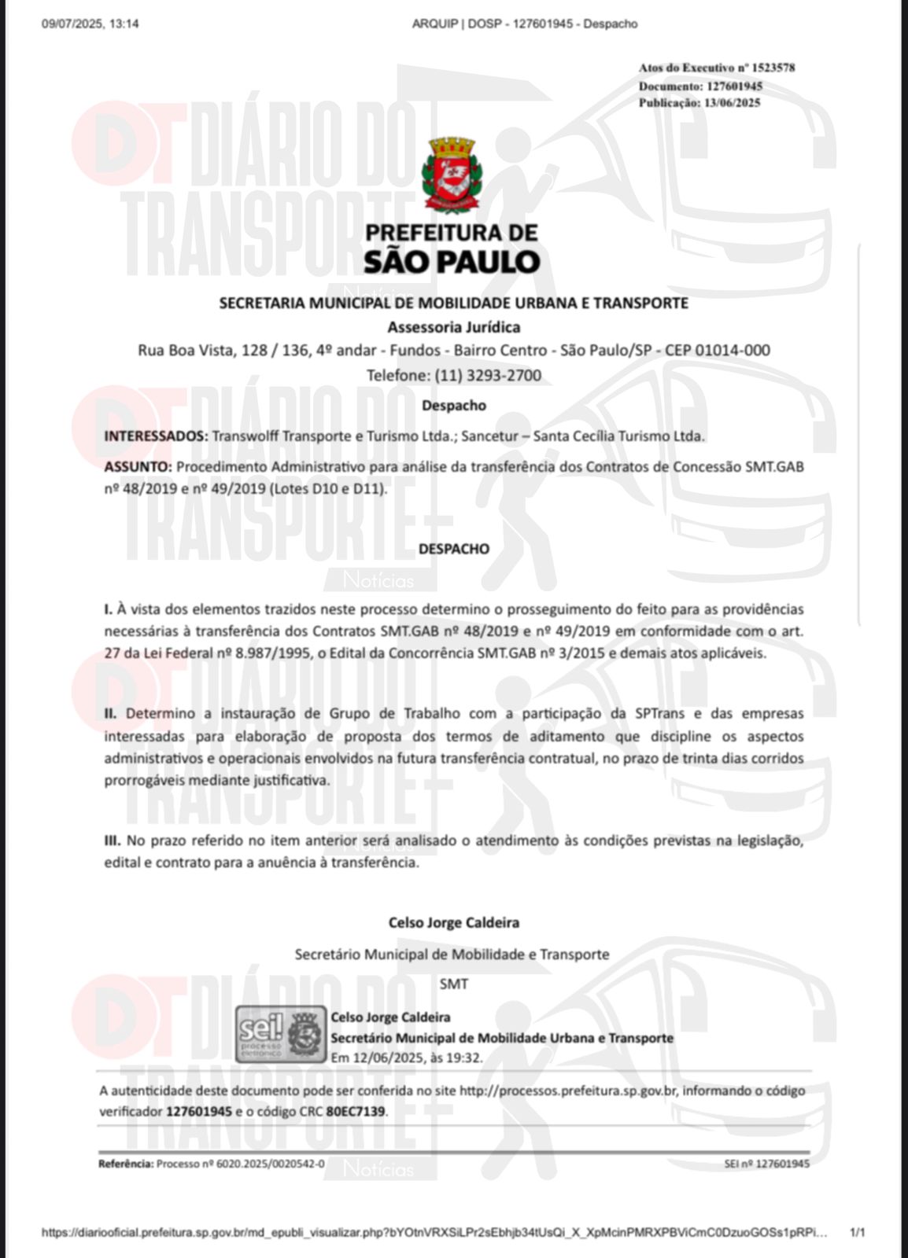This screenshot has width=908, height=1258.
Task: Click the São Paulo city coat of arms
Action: point(454,175)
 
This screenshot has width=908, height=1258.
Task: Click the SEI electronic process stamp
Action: point(281,1034)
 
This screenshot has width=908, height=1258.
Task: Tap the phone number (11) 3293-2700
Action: point(488,375)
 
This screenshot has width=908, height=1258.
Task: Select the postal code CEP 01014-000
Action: point(717,351)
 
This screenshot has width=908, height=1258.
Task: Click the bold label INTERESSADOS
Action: point(156,436)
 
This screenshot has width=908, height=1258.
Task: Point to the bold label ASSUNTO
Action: point(137,466)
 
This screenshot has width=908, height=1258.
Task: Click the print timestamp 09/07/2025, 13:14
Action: point(90,24)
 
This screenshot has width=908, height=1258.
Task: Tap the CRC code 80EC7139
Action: point(356,1112)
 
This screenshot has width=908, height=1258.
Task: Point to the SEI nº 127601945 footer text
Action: point(766,1164)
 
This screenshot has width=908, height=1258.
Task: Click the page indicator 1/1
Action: point(858,1233)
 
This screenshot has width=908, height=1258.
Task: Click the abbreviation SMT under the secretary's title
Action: point(454,983)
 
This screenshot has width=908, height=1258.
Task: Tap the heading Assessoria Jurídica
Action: point(454,327)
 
